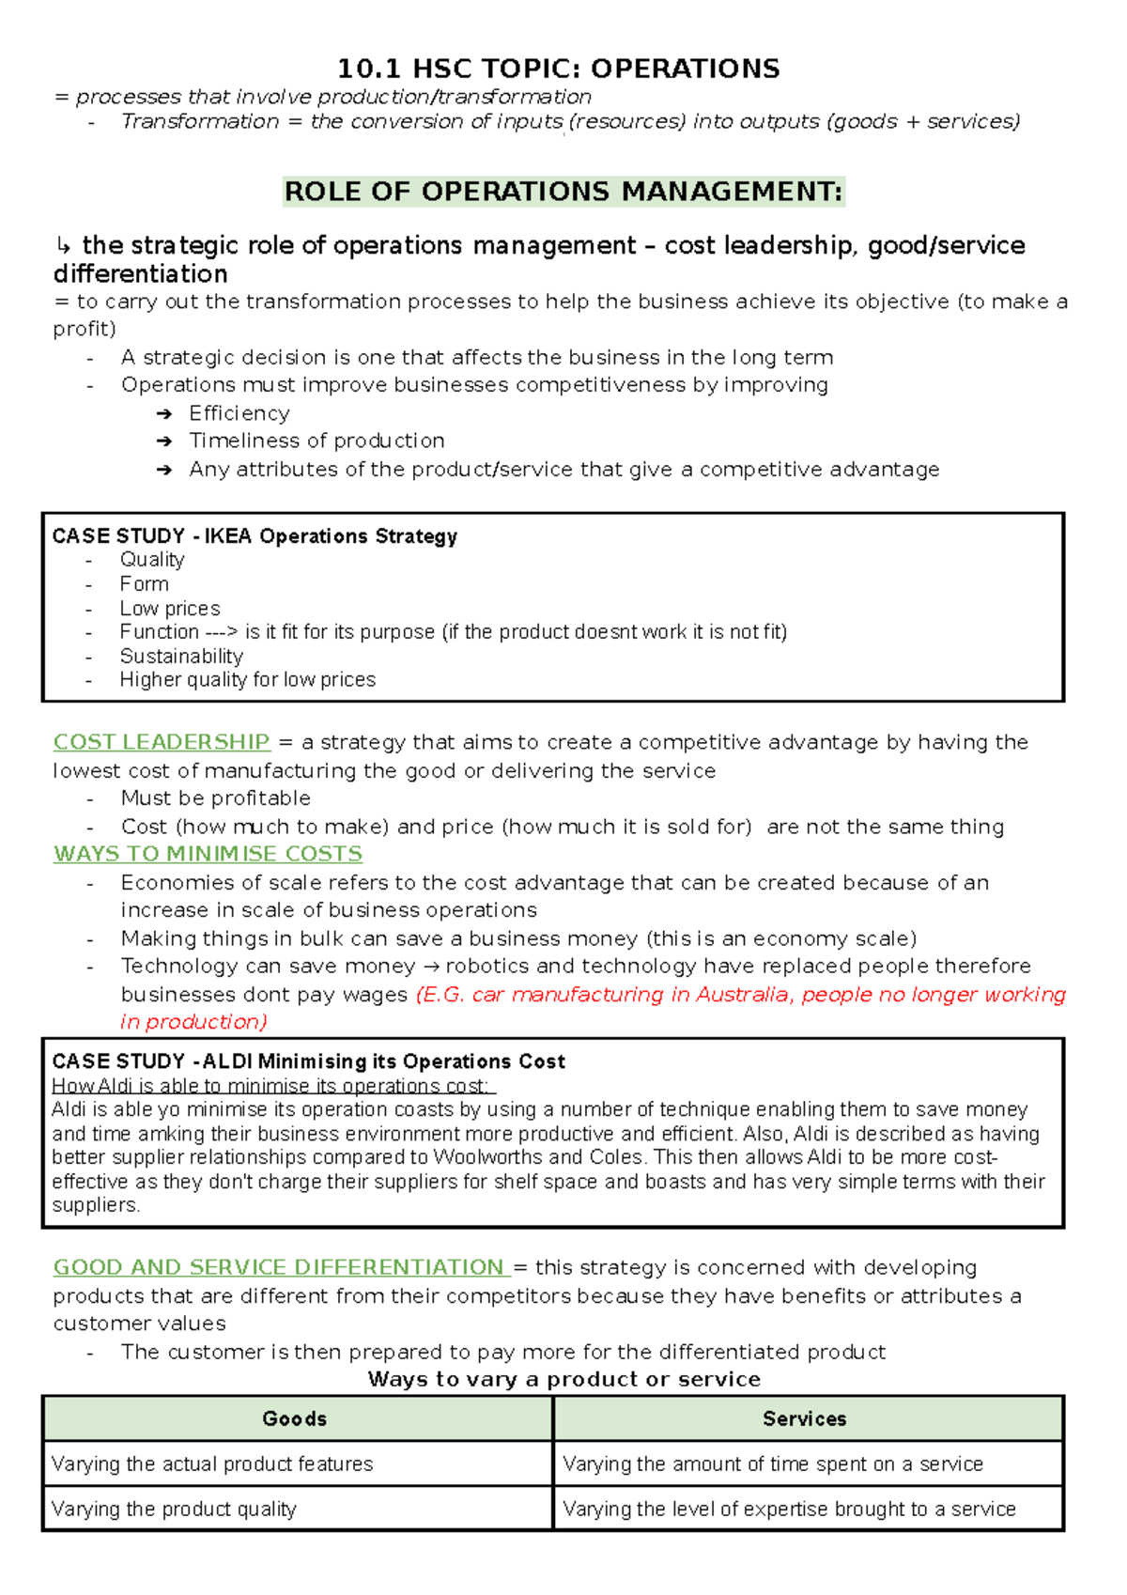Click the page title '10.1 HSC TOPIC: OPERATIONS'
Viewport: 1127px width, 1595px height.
point(558,69)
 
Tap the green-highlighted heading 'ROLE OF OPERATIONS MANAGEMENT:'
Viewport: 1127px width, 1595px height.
point(563,192)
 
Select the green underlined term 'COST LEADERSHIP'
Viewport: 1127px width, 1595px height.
point(162,742)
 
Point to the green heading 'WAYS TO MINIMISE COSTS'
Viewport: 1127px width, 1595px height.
point(208,854)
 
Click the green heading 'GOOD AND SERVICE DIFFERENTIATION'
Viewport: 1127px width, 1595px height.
point(280,1267)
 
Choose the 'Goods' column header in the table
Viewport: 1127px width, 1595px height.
point(295,1418)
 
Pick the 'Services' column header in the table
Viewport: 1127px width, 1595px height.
point(805,1418)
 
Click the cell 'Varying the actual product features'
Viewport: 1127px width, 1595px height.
point(212,1463)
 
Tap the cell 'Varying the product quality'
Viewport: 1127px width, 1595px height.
point(175,1509)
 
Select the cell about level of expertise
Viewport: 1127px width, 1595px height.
point(789,1509)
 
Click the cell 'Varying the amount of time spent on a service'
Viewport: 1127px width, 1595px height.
point(772,1463)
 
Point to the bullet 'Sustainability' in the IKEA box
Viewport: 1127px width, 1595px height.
point(181,656)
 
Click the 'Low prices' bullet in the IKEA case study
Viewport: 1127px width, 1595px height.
point(170,608)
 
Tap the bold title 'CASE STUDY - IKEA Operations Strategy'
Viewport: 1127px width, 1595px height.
point(255,536)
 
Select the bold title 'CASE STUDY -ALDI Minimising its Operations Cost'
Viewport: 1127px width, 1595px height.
point(309,1061)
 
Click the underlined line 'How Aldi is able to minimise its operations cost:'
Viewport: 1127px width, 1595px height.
point(272,1086)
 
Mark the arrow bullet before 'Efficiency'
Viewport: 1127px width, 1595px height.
point(164,414)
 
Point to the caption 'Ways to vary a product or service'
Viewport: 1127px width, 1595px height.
point(563,1379)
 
